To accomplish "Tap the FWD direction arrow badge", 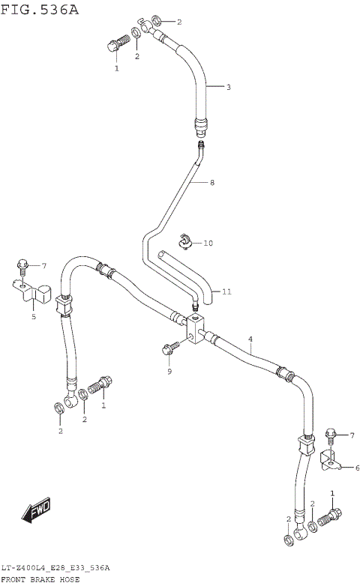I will coord(36,512).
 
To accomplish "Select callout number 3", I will coord(229,87).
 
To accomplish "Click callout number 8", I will coord(212,182).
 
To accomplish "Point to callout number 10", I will coord(208,243).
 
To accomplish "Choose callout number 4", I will coord(250,339).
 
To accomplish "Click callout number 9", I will coord(169,371).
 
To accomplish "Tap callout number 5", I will coord(33,317).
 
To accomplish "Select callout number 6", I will coord(356,468).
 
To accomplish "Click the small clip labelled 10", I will coord(185,241).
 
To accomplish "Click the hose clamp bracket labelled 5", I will coord(34,292).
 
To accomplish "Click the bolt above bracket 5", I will coord(23,265).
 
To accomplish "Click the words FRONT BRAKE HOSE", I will coord(40,580).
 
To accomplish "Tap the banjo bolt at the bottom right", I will coord(330,516).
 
